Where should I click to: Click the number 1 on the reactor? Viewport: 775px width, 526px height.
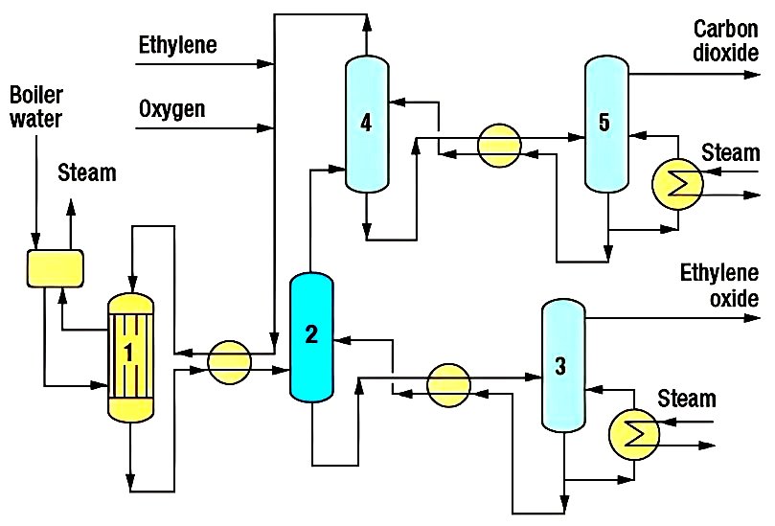[127, 352]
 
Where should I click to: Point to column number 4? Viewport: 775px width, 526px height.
[366, 122]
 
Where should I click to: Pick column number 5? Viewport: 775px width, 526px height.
[604, 122]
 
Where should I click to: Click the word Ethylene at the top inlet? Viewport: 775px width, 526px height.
[177, 44]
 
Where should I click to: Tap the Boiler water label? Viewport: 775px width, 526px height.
[35, 107]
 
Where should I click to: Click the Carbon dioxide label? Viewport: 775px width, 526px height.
[725, 39]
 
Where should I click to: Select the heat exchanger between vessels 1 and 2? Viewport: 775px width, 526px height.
[230, 359]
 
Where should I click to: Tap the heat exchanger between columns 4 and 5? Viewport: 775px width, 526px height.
[500, 145]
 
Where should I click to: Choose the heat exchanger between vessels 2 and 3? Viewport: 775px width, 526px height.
[450, 382]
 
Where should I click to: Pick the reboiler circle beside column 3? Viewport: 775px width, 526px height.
[633, 435]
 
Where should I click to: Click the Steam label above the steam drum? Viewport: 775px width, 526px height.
[87, 173]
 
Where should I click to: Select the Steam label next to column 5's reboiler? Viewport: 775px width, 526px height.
[730, 153]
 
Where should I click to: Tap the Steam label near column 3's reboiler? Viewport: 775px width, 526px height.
[686, 399]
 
